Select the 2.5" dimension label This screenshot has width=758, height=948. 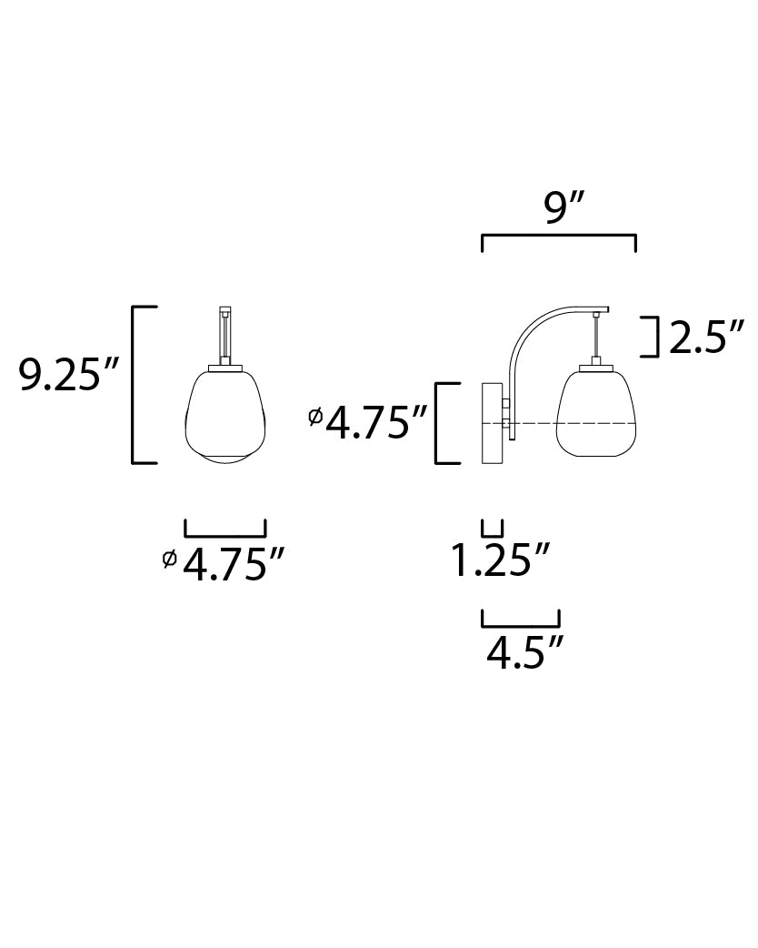pyautogui.click(x=706, y=338)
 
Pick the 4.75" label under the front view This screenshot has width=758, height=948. pyautogui.click(x=233, y=564)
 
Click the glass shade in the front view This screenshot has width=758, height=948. pyautogui.click(x=225, y=418)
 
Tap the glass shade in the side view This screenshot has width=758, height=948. pyautogui.click(x=597, y=414)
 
